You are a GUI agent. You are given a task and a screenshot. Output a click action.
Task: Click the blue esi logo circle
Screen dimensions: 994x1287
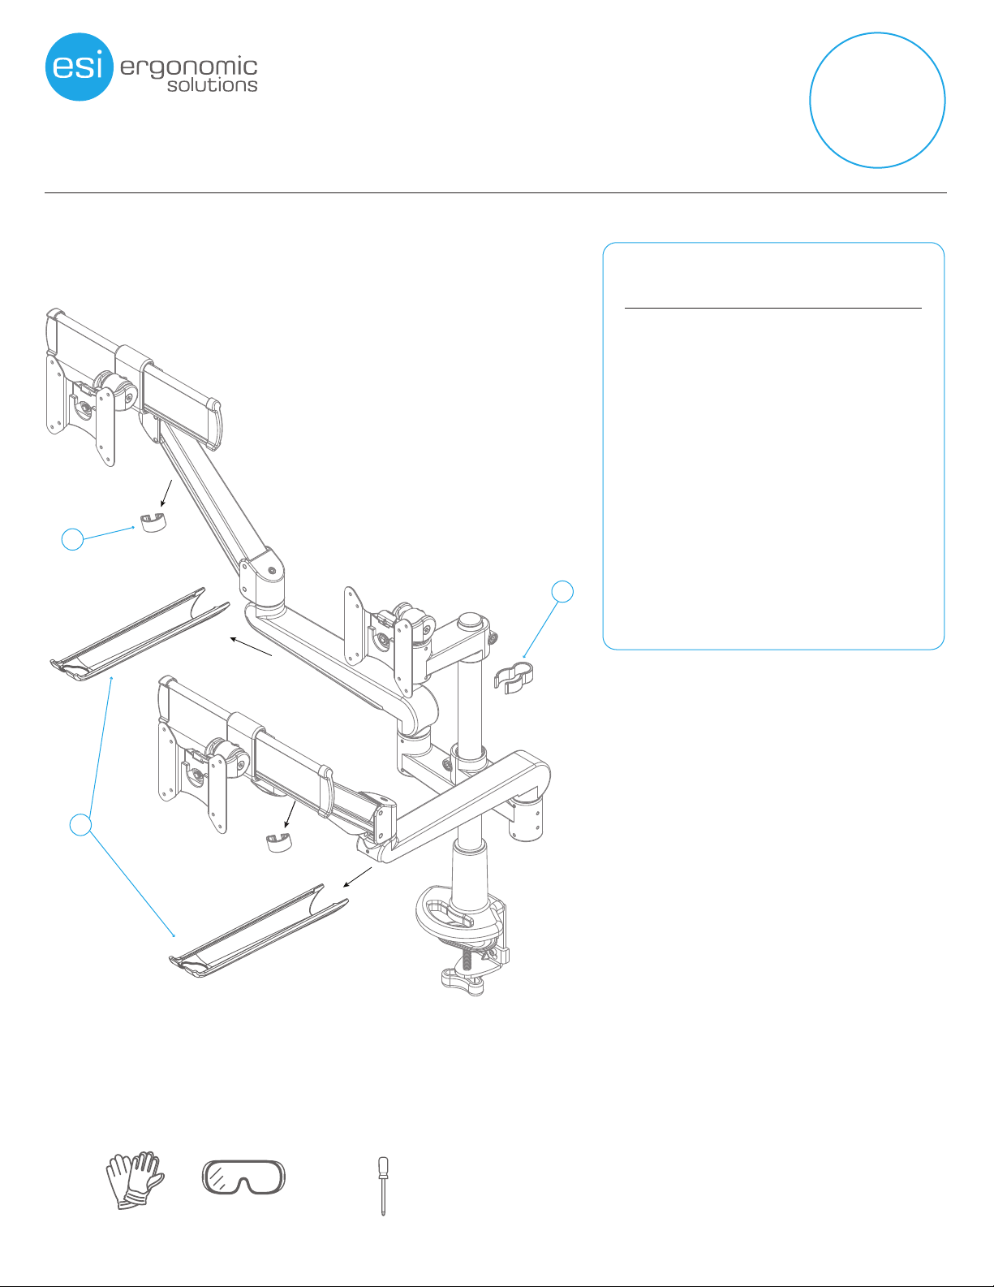[x=80, y=67]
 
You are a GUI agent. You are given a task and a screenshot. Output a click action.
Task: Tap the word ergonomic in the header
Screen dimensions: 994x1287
[x=188, y=68]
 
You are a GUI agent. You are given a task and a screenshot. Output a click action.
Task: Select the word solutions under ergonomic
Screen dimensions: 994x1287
[x=213, y=85]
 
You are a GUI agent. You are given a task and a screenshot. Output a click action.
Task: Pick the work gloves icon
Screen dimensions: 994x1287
[x=135, y=1180]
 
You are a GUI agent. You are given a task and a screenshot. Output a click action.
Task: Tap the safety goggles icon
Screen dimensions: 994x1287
[x=243, y=1177]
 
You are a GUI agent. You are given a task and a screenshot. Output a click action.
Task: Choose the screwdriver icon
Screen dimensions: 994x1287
[x=383, y=1186]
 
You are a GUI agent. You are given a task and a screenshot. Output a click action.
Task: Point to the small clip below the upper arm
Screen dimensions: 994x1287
[x=153, y=522]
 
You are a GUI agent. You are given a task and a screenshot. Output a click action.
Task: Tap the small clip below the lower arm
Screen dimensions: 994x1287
[x=278, y=842]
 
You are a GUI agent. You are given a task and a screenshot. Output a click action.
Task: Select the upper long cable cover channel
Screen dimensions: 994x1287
[x=140, y=635]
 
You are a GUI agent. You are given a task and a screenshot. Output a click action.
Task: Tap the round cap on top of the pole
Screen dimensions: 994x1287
[x=470, y=620]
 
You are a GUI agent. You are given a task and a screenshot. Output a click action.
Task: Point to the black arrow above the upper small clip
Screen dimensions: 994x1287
[x=166, y=493]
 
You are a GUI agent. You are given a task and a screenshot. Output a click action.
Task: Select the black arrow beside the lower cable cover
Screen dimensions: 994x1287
[x=357, y=877]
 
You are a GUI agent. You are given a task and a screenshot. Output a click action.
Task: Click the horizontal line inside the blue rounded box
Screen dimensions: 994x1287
[x=773, y=308]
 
